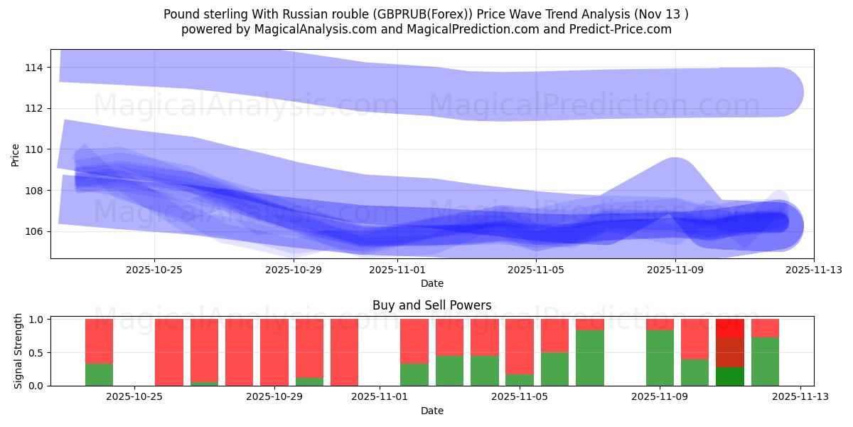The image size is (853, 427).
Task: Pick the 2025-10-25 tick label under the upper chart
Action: tap(154, 270)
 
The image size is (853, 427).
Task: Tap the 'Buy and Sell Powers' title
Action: tap(431, 305)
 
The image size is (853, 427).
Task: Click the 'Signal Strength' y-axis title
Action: tap(18, 352)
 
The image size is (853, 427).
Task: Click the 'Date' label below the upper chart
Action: tap(431, 283)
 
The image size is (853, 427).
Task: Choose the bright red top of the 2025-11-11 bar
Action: tap(730, 327)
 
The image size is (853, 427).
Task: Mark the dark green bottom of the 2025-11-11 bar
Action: tap(730, 376)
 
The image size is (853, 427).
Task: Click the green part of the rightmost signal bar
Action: tap(765, 362)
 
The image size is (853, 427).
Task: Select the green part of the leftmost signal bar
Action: tap(99, 375)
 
